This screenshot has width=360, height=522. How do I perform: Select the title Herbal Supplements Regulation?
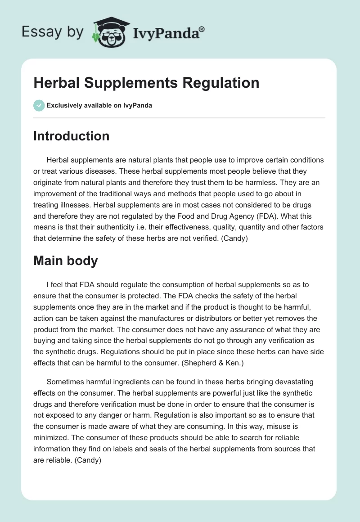[x=146, y=83]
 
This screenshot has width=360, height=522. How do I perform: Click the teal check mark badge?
[x=39, y=105]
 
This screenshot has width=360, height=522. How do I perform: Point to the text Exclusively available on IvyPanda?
[x=99, y=106]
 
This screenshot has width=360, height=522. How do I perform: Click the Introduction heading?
[x=71, y=136]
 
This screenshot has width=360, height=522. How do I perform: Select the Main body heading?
[x=65, y=261]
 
